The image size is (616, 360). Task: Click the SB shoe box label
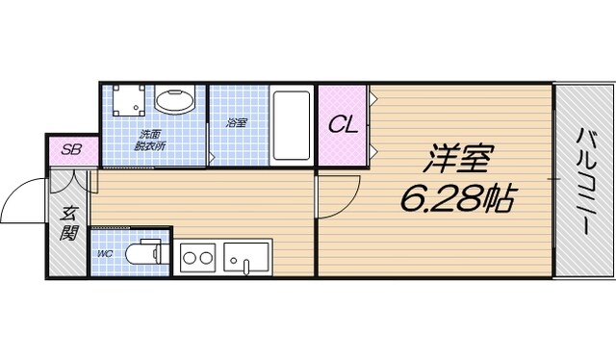[71, 150]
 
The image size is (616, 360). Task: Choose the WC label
[104, 255]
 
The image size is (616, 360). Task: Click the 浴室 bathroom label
[237, 123]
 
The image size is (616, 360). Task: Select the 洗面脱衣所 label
[152, 140]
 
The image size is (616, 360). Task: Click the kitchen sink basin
[247, 257]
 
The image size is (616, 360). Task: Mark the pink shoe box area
[70, 151]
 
